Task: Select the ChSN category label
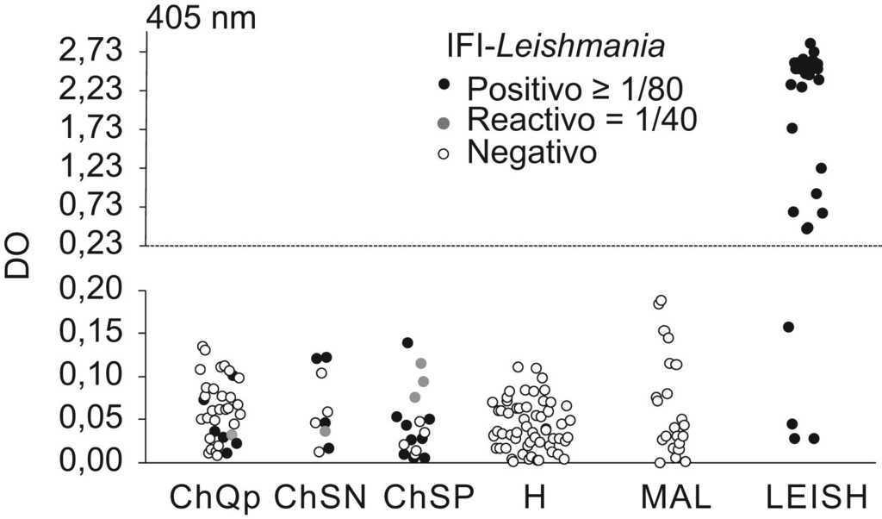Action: pos(321,497)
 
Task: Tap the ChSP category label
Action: pos(427,497)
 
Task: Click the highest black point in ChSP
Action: pos(407,343)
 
